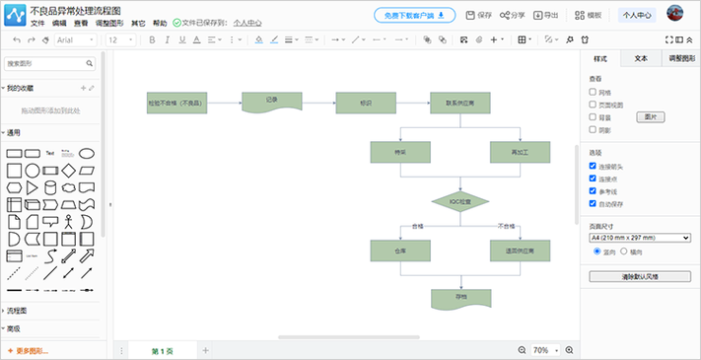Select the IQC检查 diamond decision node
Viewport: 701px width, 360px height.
point(460,201)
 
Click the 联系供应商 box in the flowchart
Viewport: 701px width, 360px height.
point(460,103)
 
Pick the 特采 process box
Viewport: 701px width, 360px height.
point(400,152)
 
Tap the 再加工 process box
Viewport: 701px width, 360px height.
point(520,152)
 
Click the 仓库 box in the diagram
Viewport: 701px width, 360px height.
point(400,251)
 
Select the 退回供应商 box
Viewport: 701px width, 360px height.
point(520,251)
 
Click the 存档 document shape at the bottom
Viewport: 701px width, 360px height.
point(460,296)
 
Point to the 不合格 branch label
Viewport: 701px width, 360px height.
point(507,226)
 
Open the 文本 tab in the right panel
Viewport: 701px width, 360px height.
point(641,59)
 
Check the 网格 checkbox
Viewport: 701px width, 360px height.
point(593,92)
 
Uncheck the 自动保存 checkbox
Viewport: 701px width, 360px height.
point(593,203)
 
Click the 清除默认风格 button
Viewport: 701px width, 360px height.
point(640,277)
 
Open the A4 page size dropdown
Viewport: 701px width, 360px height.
point(640,238)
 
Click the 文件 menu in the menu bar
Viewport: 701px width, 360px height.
point(37,23)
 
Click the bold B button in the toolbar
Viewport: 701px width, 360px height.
point(152,39)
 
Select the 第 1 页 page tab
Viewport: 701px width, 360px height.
point(162,350)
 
